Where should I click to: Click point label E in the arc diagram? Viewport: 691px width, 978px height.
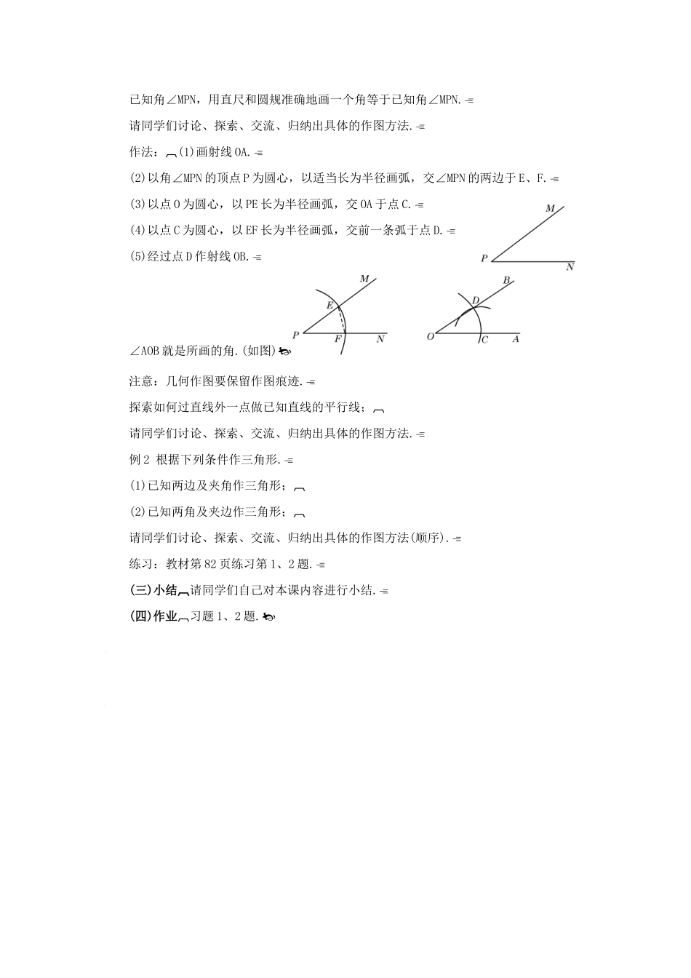329,306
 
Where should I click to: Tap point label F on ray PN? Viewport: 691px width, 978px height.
337,340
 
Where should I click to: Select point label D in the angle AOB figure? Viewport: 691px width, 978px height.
475,301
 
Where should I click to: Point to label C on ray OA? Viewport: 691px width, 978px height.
485,340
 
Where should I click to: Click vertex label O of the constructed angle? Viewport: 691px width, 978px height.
430,336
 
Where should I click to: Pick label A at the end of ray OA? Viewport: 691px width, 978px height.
516,339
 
